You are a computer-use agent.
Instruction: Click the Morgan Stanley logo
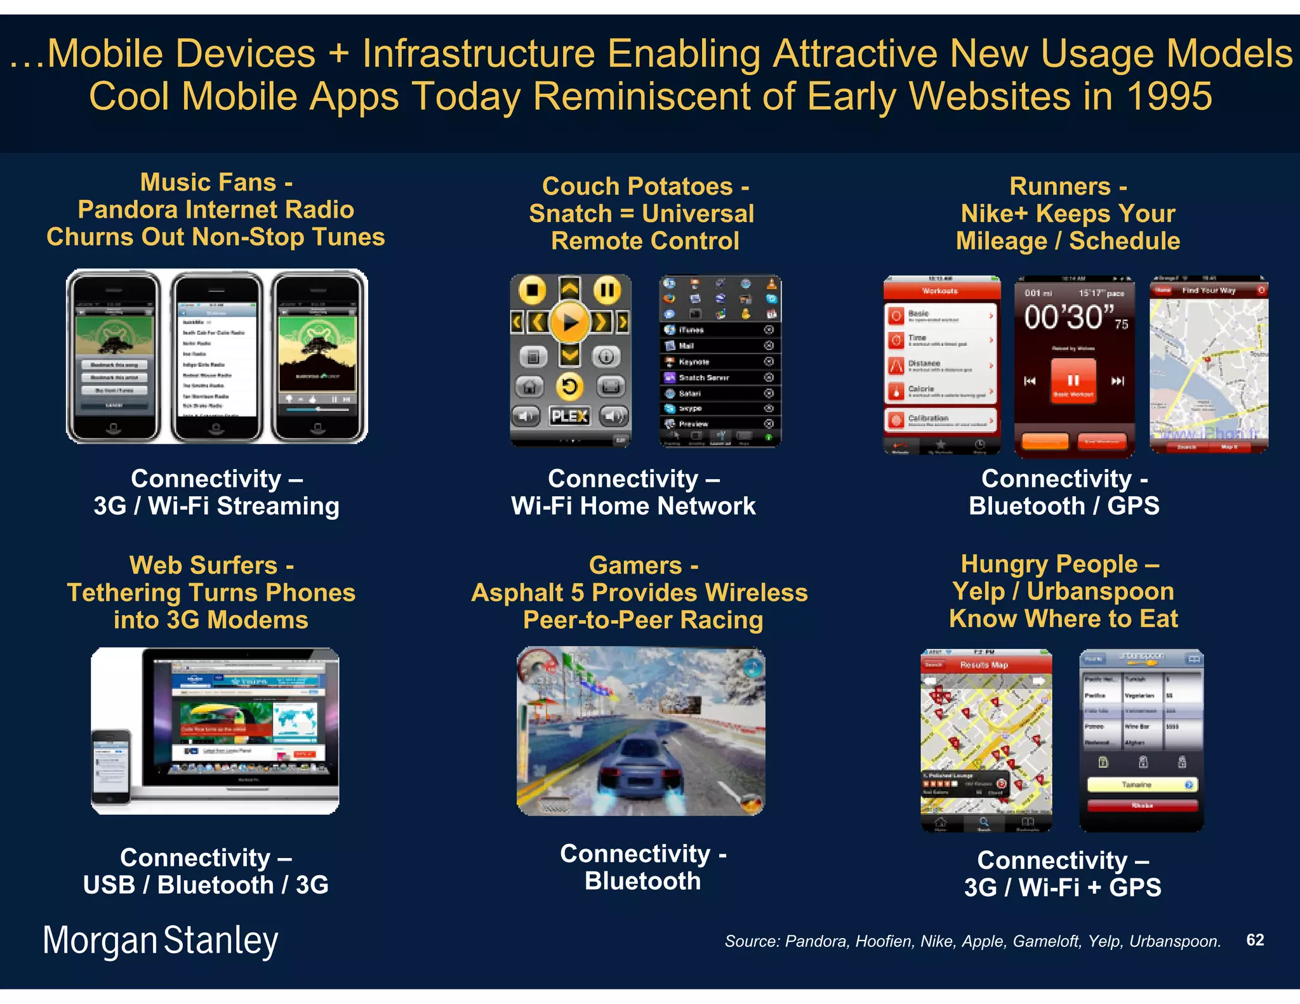[x=160, y=941]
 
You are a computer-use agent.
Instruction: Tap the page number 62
[x=1255, y=940]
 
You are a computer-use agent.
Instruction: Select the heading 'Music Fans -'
[x=216, y=182]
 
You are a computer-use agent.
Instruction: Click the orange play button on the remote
[x=569, y=322]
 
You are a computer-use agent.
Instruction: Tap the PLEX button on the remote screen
[x=569, y=416]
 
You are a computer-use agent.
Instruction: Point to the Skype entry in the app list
[x=690, y=408]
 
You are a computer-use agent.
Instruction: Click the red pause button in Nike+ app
[x=1073, y=380]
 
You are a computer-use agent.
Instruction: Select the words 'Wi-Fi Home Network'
[x=633, y=506]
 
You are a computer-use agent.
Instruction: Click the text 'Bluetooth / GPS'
[x=1064, y=506]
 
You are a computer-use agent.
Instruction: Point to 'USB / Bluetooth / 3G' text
[x=206, y=885]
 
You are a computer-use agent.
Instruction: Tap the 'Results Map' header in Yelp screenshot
[x=983, y=664]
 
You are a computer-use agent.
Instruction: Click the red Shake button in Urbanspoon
[x=1141, y=805]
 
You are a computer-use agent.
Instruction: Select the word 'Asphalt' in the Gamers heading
[x=517, y=593]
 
